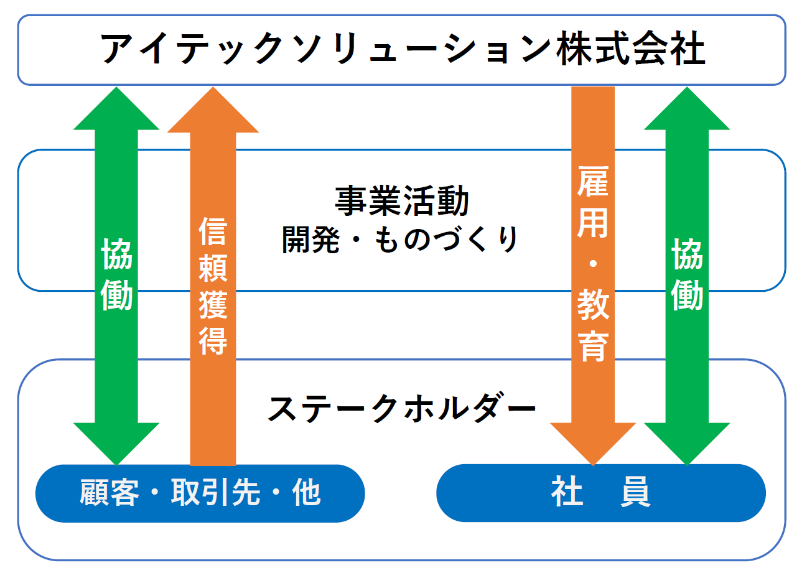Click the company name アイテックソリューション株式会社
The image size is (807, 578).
click(403, 49)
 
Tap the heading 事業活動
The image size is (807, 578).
click(402, 201)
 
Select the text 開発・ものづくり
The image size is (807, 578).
click(400, 240)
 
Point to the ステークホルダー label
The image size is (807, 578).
click(402, 408)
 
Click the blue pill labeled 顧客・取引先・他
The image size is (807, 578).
click(200, 493)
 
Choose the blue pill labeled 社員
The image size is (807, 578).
click(601, 493)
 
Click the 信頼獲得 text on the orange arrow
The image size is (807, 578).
click(213, 286)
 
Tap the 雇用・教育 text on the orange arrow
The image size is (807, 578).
click(593, 264)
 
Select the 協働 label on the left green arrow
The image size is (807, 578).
click(116, 274)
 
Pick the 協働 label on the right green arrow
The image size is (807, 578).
click(687, 274)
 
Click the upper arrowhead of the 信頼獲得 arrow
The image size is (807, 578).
click(213, 110)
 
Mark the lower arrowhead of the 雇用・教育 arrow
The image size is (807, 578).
click(593, 444)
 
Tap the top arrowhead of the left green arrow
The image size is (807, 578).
click(116, 108)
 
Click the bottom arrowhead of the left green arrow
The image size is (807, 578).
click(116, 444)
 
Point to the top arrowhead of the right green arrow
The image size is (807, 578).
click(687, 108)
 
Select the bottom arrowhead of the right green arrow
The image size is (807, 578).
click(687, 444)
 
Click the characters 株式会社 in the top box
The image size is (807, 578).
click(630, 49)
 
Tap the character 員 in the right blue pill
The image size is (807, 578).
click(635, 492)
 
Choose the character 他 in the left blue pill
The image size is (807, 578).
click(306, 493)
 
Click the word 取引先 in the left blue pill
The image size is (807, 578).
click(215, 493)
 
